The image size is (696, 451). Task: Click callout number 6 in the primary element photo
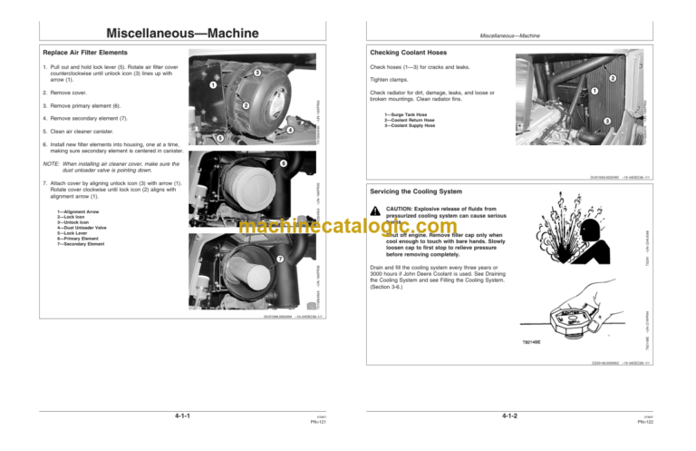click(284, 163)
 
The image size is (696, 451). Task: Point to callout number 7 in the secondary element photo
click(281, 260)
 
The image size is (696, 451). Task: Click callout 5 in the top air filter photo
click(219, 138)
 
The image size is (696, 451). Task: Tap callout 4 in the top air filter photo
click(290, 131)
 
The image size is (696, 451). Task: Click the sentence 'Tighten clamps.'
click(391, 79)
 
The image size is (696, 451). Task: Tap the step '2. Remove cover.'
click(71, 93)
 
